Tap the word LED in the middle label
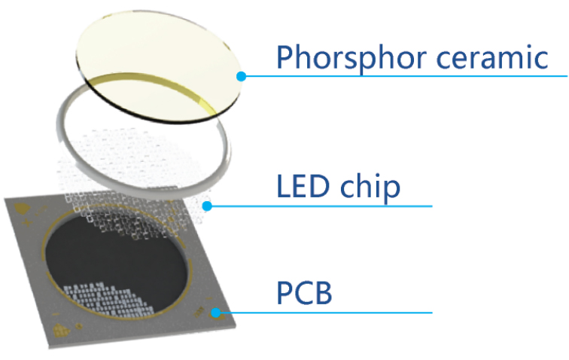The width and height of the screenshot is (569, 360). click(304, 186)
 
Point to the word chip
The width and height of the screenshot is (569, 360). click(370, 187)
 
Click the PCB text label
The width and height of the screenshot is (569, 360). click(304, 293)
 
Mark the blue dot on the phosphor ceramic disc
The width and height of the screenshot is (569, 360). click(241, 76)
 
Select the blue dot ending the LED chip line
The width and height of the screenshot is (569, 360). click(207, 206)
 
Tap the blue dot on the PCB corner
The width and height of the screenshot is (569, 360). click(216, 313)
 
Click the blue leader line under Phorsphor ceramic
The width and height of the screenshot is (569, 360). click(404, 76)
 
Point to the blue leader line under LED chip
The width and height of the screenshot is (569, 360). click(320, 206)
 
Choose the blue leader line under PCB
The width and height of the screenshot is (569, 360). click(324, 313)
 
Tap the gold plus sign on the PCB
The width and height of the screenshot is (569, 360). click(27, 222)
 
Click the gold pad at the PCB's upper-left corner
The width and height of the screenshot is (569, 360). click(22, 208)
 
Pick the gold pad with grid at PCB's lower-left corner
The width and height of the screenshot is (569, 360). click(61, 331)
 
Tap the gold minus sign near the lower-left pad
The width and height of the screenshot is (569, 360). click(56, 314)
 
